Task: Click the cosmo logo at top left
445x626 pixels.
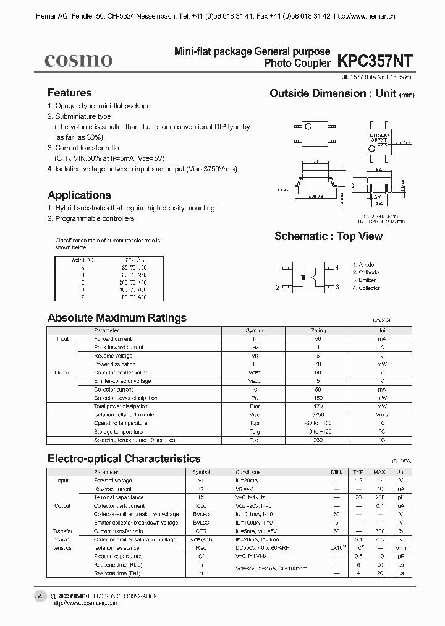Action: coord(78,60)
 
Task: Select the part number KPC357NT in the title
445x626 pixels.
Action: coord(375,60)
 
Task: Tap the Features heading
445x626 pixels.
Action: coord(69,93)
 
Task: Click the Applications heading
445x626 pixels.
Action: coord(79,195)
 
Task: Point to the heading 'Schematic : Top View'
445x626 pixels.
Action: coord(328,236)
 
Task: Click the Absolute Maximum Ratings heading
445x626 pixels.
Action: coord(117,318)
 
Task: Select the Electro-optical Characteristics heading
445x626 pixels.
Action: coord(124,458)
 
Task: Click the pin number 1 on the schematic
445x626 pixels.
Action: coord(278,268)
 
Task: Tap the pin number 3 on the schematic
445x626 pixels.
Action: coord(337,287)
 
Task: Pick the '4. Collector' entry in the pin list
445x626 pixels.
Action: coord(367,288)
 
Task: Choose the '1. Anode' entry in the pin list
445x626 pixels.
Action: coord(363,265)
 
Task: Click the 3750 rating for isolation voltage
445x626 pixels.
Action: coord(318,415)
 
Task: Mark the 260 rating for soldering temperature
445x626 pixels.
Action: coord(318,440)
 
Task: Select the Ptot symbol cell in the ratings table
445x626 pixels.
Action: coord(255,406)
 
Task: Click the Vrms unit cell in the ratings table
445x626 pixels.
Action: coord(382,415)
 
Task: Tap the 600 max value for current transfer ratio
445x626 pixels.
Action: coord(380,531)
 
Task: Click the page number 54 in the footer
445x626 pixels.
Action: coord(39,596)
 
